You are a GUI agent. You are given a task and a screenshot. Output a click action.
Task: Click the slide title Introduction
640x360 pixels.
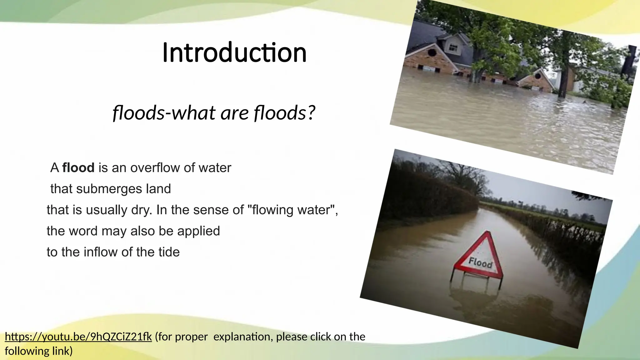point(234,52)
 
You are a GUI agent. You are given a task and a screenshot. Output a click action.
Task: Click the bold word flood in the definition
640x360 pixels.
point(78,168)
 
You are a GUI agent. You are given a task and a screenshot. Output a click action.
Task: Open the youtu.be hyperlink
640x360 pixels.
point(78,337)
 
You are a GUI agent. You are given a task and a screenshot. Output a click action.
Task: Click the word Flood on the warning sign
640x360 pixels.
point(480,262)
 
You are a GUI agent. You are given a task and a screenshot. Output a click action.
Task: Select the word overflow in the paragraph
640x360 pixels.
point(155,168)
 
